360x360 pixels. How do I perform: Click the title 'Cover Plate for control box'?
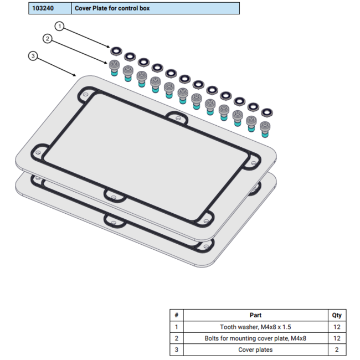pos(112,8)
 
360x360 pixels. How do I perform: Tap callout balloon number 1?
pos(60,26)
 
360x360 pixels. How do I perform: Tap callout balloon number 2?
pos(48,38)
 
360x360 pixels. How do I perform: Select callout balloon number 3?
pos(34,56)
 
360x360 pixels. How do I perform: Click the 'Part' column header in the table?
pos(255,315)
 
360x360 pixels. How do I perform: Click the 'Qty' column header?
pos(337,315)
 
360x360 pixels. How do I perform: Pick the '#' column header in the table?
pos(176,315)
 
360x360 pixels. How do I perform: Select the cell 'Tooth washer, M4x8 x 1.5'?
pos(255,327)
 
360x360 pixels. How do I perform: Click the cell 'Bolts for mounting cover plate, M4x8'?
pos(255,338)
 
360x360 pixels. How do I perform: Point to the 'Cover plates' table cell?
pos(255,349)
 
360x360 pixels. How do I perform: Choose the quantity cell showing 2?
pos(337,349)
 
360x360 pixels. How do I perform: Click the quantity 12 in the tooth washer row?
pos(337,327)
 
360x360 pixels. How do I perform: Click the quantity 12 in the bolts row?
pos(337,338)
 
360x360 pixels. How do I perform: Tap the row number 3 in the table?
pos(176,349)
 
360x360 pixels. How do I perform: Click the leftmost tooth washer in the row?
pos(116,51)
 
